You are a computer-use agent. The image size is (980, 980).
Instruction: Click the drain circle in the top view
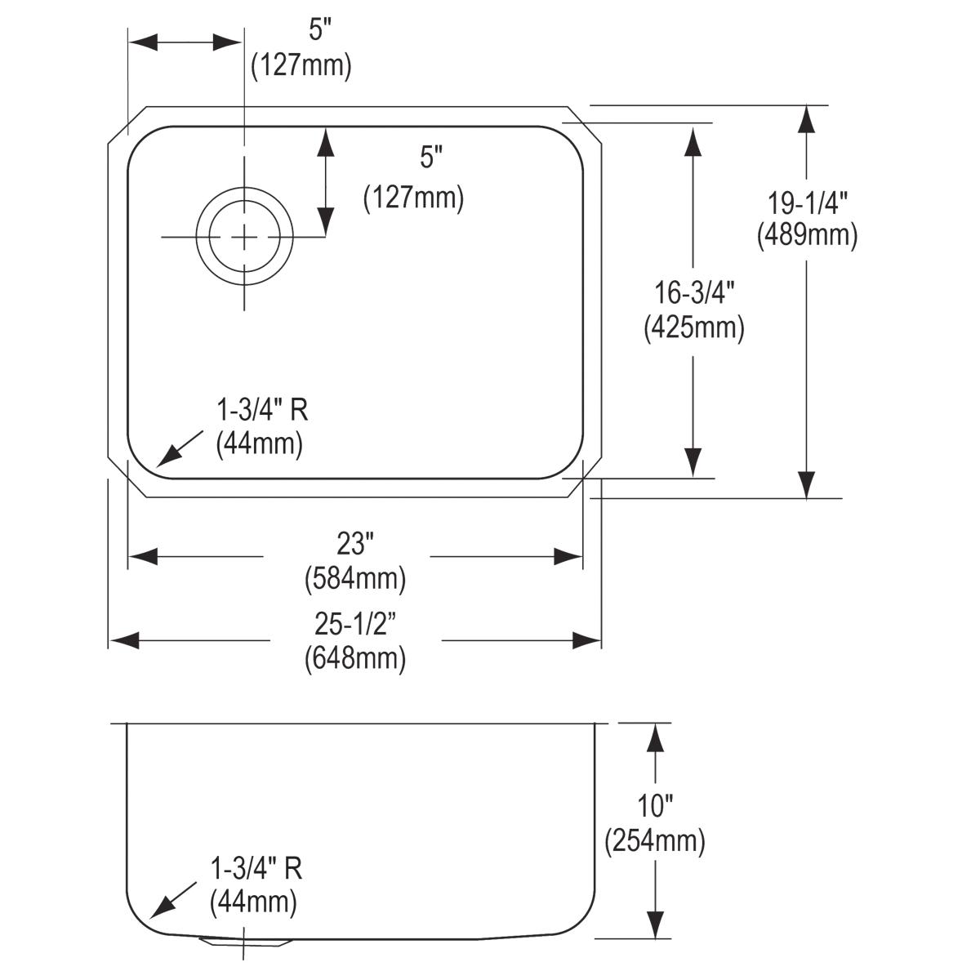pos(243,237)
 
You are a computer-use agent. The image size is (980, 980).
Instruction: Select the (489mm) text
pos(807,236)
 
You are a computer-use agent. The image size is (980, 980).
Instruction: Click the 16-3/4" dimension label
pos(693,292)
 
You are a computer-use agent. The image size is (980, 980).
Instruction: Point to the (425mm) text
pos(693,328)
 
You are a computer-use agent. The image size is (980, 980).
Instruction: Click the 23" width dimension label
pos(354,544)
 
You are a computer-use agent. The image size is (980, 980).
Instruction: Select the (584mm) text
pos(354,579)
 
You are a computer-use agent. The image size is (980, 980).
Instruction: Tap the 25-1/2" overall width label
pos(354,624)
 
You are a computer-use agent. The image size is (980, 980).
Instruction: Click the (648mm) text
pos(354,658)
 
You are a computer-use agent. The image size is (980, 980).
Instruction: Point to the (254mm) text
pos(655,841)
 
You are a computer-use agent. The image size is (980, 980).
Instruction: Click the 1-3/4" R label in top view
pos(261,409)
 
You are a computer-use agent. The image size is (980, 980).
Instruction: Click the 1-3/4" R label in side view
pos(256,868)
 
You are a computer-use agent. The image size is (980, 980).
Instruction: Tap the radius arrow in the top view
pos(179,448)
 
